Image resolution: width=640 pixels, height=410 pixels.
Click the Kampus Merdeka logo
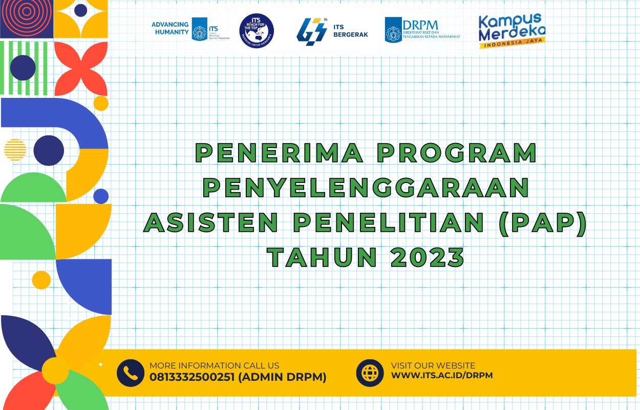pos(511,31)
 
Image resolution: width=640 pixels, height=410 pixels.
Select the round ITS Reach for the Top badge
pos(257,31)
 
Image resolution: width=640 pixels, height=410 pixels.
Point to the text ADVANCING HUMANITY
pos(170,28)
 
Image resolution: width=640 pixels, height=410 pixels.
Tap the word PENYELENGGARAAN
pos(366,188)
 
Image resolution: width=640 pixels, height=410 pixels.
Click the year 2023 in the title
pos(428,257)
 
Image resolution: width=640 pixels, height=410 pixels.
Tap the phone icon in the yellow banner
pos(131,373)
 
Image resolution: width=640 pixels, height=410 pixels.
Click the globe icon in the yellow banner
pos(370,372)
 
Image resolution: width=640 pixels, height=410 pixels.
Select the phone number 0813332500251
pos(192,378)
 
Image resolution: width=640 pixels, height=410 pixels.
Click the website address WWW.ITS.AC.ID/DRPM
pos(442,376)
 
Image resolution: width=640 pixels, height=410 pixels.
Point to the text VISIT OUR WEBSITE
pos(433,365)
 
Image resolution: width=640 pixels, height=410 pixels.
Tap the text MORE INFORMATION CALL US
pos(215,365)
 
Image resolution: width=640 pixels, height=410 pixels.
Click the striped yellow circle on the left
pos(15,150)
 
